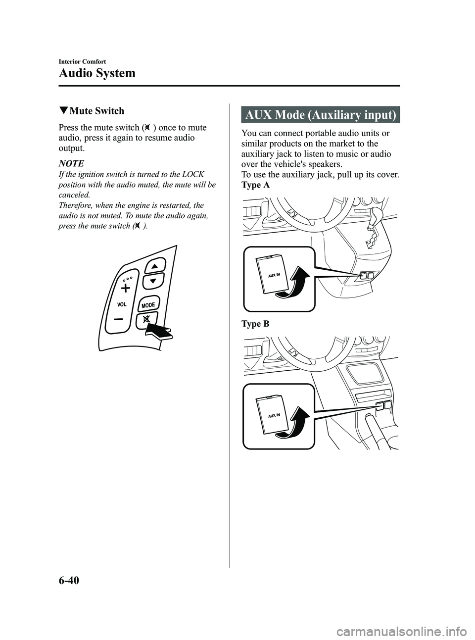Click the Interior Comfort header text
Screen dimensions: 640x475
(82, 61)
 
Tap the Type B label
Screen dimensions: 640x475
(256, 324)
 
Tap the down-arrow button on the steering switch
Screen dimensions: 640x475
(153, 281)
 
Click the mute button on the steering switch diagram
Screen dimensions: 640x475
(146, 320)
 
